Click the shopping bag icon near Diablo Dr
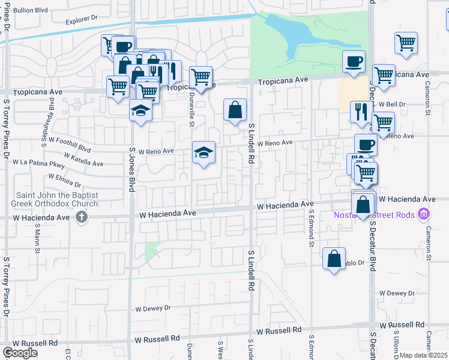[x=334, y=259]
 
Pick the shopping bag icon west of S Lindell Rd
[x=234, y=110]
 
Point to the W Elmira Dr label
[x=61, y=181]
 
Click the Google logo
[x=20, y=353]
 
